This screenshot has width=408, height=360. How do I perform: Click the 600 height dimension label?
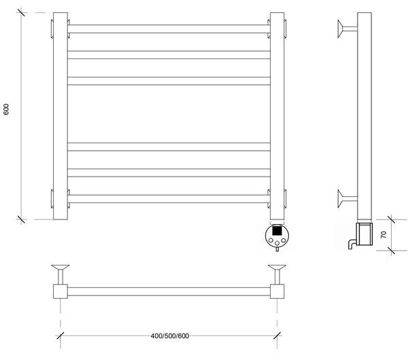[x=6, y=109]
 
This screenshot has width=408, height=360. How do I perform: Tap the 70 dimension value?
[x=384, y=235]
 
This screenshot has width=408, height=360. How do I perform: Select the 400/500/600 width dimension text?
[x=170, y=336]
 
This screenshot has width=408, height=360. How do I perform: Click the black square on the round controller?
[x=277, y=230]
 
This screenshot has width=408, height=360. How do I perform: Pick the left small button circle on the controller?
[x=271, y=240]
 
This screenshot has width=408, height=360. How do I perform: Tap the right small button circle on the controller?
[x=283, y=240]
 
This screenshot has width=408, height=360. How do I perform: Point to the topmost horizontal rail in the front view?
[x=169, y=29]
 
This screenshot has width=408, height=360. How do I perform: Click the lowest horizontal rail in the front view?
[x=169, y=199]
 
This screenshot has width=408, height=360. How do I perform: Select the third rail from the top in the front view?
[x=169, y=81]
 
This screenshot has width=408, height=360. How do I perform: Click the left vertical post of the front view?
[x=61, y=116]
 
